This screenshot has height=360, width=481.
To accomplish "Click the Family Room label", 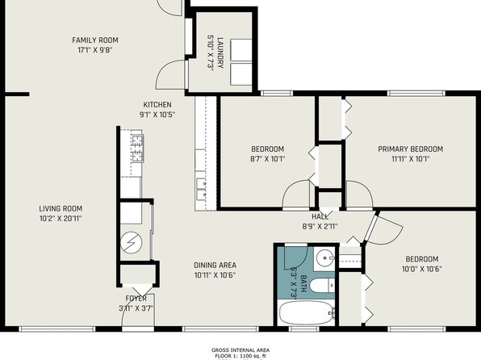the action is (x=95, y=40).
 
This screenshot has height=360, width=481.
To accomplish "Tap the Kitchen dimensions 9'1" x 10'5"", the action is (x=157, y=115).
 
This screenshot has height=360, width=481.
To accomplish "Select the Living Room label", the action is (x=61, y=209).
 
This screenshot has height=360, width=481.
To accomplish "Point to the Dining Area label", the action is (x=215, y=266).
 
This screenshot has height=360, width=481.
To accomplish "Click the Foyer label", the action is (x=136, y=299).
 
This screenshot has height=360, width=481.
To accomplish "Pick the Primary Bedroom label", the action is (x=411, y=149).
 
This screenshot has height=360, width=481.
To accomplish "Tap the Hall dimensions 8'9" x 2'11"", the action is (x=320, y=227).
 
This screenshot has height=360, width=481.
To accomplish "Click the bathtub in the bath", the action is (x=307, y=312).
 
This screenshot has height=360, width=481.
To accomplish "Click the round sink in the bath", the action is (x=324, y=258).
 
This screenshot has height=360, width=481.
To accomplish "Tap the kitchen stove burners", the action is (x=138, y=149).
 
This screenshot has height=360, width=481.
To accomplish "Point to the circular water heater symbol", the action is (x=132, y=242).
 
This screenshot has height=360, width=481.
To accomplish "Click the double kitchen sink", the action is (x=201, y=189).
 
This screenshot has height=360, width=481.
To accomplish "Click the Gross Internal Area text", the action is (x=240, y=350).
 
